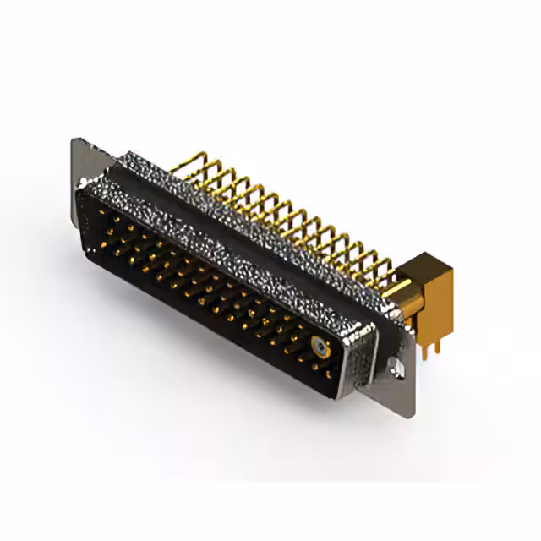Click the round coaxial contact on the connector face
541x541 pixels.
pos(319,346)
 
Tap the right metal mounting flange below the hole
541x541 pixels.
pos(397,385)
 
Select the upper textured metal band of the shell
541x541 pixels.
pos(254,211)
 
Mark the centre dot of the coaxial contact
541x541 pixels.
pos(319,346)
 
